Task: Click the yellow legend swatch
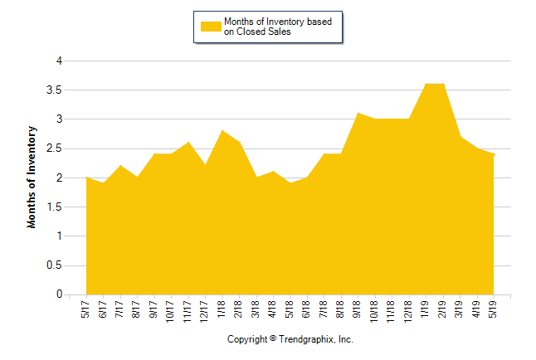211,27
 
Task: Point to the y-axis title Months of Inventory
32,178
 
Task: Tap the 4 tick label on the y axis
59,61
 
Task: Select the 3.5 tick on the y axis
56,90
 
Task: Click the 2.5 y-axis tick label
56,148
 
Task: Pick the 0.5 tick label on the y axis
56,265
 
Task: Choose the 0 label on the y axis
59,294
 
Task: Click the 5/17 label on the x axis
86,308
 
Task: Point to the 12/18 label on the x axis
408,309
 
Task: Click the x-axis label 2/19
442,308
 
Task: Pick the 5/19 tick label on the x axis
494,308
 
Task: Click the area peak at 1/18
222,131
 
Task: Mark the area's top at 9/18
358,114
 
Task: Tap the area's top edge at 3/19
460,137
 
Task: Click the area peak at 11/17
188,143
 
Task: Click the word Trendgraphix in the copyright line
306,340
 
